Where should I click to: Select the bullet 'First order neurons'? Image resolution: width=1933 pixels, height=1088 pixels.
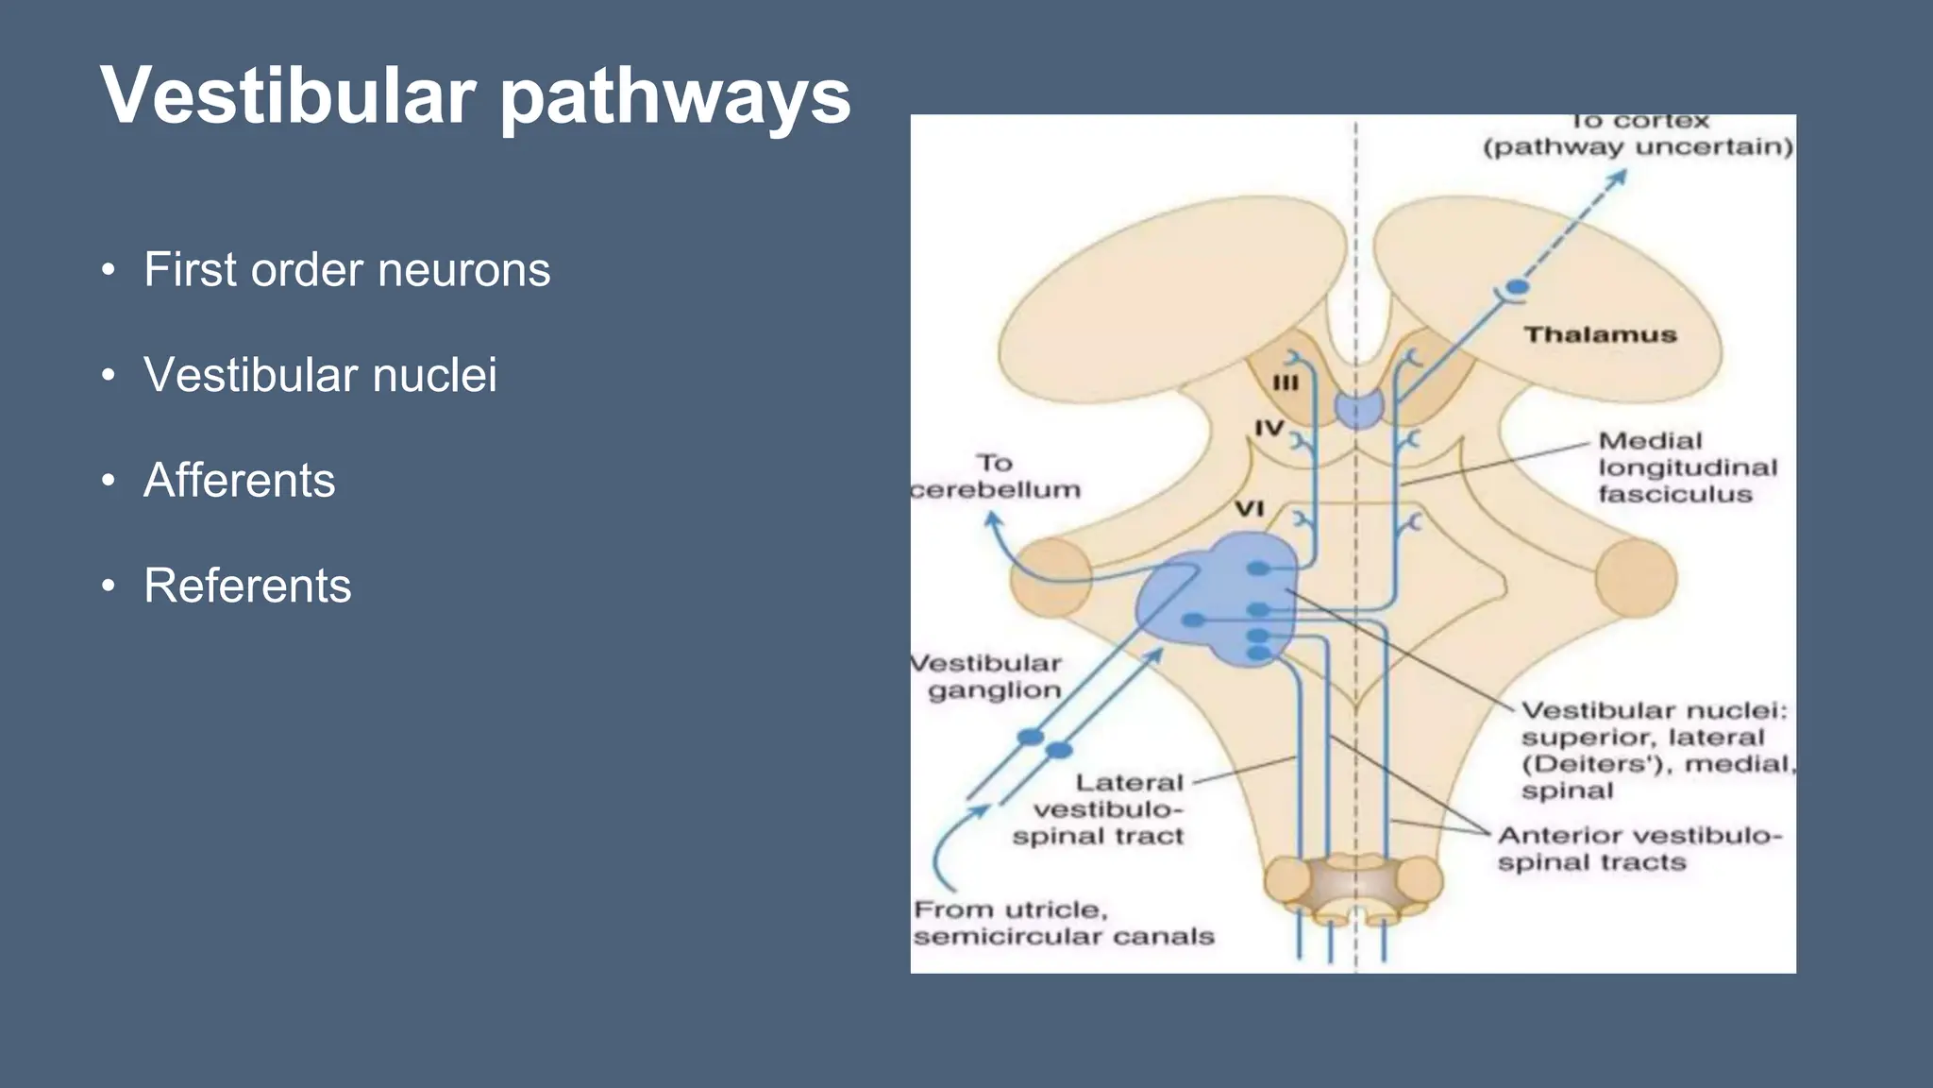(x=346, y=270)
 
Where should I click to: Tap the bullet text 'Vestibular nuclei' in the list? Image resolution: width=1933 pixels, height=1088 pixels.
(x=320, y=375)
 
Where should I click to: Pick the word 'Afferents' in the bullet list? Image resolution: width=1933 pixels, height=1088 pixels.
(x=240, y=480)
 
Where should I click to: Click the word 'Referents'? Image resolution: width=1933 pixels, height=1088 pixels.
(x=247, y=586)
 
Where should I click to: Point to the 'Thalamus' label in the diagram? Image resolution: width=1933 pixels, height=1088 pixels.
(x=1600, y=335)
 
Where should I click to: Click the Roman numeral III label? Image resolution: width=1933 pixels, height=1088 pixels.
(x=1286, y=382)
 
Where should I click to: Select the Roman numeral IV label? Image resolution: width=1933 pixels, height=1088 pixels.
(x=1269, y=429)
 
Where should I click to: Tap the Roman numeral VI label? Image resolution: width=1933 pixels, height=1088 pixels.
(x=1249, y=509)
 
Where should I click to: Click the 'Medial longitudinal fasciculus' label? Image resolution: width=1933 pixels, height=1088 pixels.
(x=1687, y=467)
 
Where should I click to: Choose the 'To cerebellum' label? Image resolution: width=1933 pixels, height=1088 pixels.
(x=995, y=477)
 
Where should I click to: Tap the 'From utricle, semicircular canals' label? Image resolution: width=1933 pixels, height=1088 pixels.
(x=1062, y=924)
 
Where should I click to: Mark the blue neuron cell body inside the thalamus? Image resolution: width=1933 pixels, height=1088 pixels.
(x=1517, y=287)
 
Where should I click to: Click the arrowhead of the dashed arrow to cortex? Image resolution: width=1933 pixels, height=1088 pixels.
(x=1620, y=177)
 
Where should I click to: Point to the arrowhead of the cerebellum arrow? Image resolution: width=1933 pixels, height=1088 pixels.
(x=992, y=519)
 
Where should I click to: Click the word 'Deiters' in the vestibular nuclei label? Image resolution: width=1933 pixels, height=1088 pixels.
(x=1605, y=764)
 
